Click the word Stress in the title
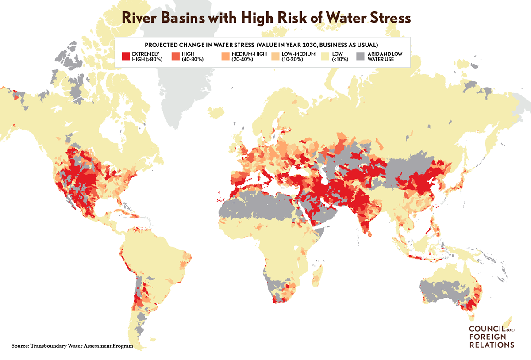tap(385, 19)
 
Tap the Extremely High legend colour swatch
tap(126, 57)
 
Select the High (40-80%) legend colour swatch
tap(175, 57)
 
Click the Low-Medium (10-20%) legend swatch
tap(275, 57)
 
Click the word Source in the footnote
tap(20, 345)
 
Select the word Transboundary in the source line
tap(52, 345)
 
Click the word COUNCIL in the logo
tap(486, 329)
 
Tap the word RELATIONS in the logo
tap(491, 345)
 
